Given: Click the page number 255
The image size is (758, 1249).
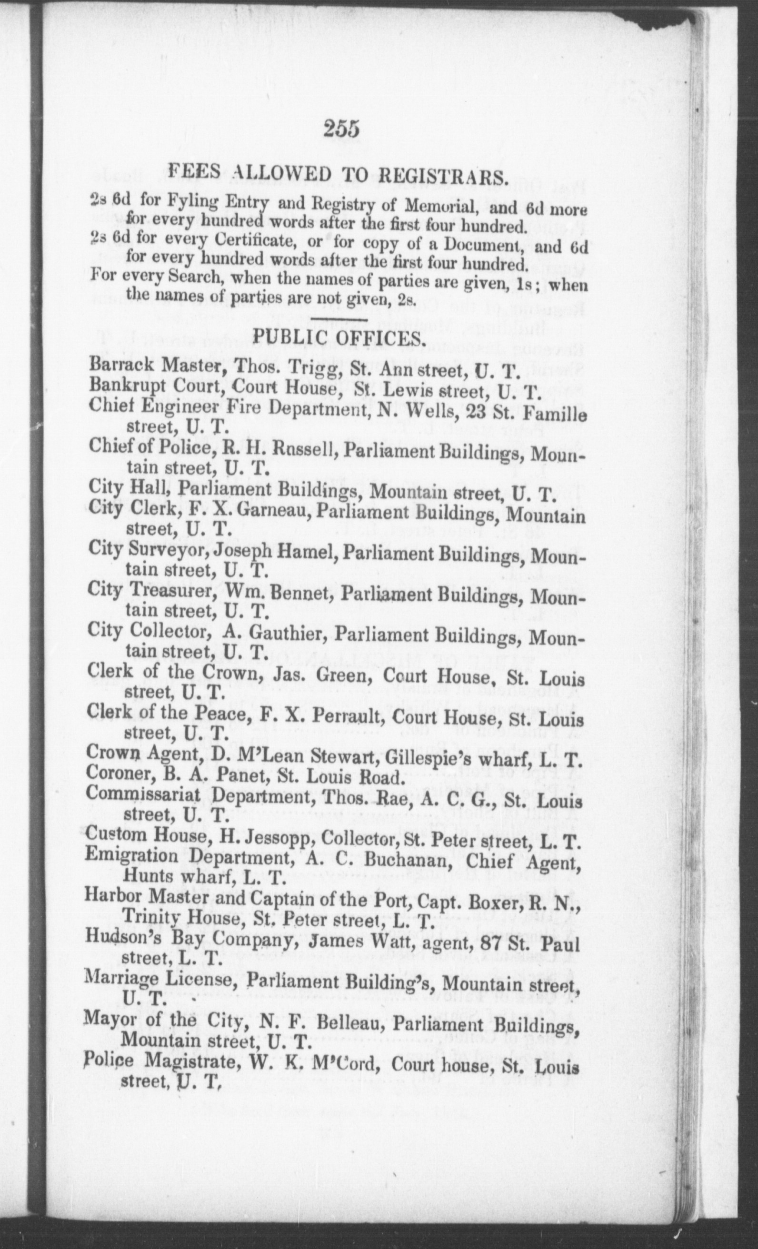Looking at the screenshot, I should tap(342, 129).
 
